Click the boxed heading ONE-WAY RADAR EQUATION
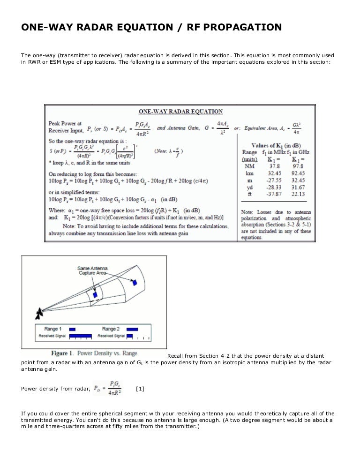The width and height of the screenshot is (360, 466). pos(180,111)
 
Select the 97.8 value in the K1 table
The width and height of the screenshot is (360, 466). pos(298,165)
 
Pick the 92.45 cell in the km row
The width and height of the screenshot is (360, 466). pos(298,173)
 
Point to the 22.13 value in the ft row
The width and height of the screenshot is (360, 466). pos(298,194)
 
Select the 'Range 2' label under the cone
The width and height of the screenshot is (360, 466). pos(111,329)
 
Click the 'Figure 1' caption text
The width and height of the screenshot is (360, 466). pos(94,353)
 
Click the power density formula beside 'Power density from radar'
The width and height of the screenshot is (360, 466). pos(108,388)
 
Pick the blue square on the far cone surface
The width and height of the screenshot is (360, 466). pos(135,283)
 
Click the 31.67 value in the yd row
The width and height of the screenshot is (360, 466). pos(298,187)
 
